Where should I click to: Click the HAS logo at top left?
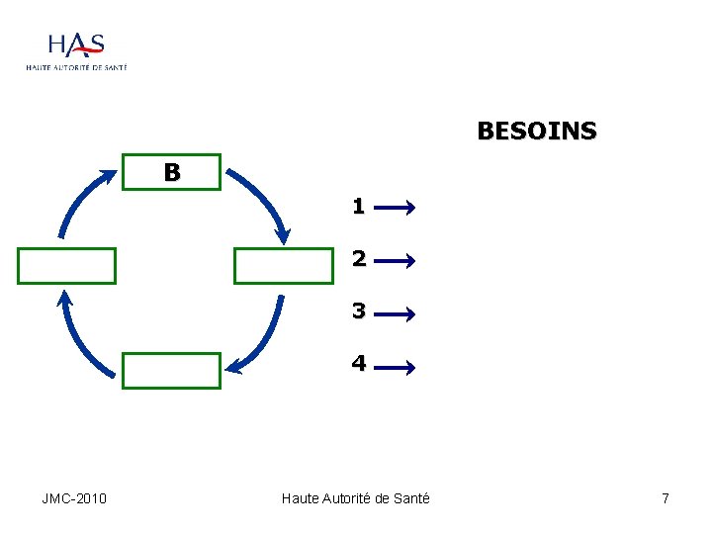pyautogui.click(x=76, y=49)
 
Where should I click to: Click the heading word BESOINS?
pyautogui.click(x=536, y=132)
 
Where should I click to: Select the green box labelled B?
pyautogui.click(x=171, y=172)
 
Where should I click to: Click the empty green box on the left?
pyautogui.click(x=66, y=265)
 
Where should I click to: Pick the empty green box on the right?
pyautogui.click(x=284, y=265)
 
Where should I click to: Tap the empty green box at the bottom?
pyautogui.click(x=171, y=370)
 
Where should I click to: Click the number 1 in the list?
pyautogui.click(x=358, y=207)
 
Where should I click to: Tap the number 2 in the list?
pyautogui.click(x=358, y=259)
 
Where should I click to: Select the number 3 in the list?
pyautogui.click(x=358, y=311)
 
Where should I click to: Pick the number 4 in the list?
pyautogui.click(x=358, y=364)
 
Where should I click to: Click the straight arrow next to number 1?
pyautogui.click(x=395, y=209)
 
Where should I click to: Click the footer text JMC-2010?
pyautogui.click(x=74, y=498)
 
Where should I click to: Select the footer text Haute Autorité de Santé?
pyautogui.click(x=355, y=498)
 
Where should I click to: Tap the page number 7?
pyautogui.click(x=666, y=498)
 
